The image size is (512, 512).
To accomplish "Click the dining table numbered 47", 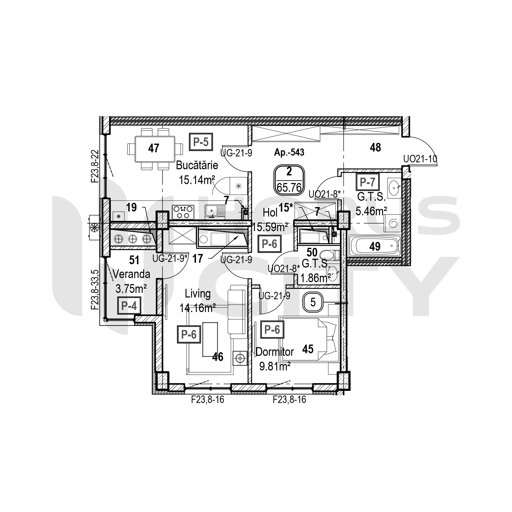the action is pos(155,149).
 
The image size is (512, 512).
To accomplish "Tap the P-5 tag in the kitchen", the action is pos(201,142).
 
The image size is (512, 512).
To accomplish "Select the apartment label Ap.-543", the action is pos(289,152).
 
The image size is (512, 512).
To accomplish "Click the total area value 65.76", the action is pos(289,188).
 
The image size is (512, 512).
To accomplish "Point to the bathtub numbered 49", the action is pos(375,246).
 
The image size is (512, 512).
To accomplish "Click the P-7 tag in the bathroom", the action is pos(368,182).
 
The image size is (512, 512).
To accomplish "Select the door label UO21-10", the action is pos(420,159).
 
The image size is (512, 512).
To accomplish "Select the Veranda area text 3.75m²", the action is pos(131,289).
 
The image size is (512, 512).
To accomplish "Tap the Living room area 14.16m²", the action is pos(197,308).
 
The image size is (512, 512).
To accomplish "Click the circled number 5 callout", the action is pos(313,302).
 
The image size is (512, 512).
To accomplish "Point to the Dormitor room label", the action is pos(274,352).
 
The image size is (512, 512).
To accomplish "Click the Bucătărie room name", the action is pos(197,165).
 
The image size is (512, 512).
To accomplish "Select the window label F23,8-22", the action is pos(95,166).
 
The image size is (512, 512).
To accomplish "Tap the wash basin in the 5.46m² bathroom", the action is pos(394,188).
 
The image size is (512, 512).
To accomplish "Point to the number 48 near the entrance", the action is pos(375,147).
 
